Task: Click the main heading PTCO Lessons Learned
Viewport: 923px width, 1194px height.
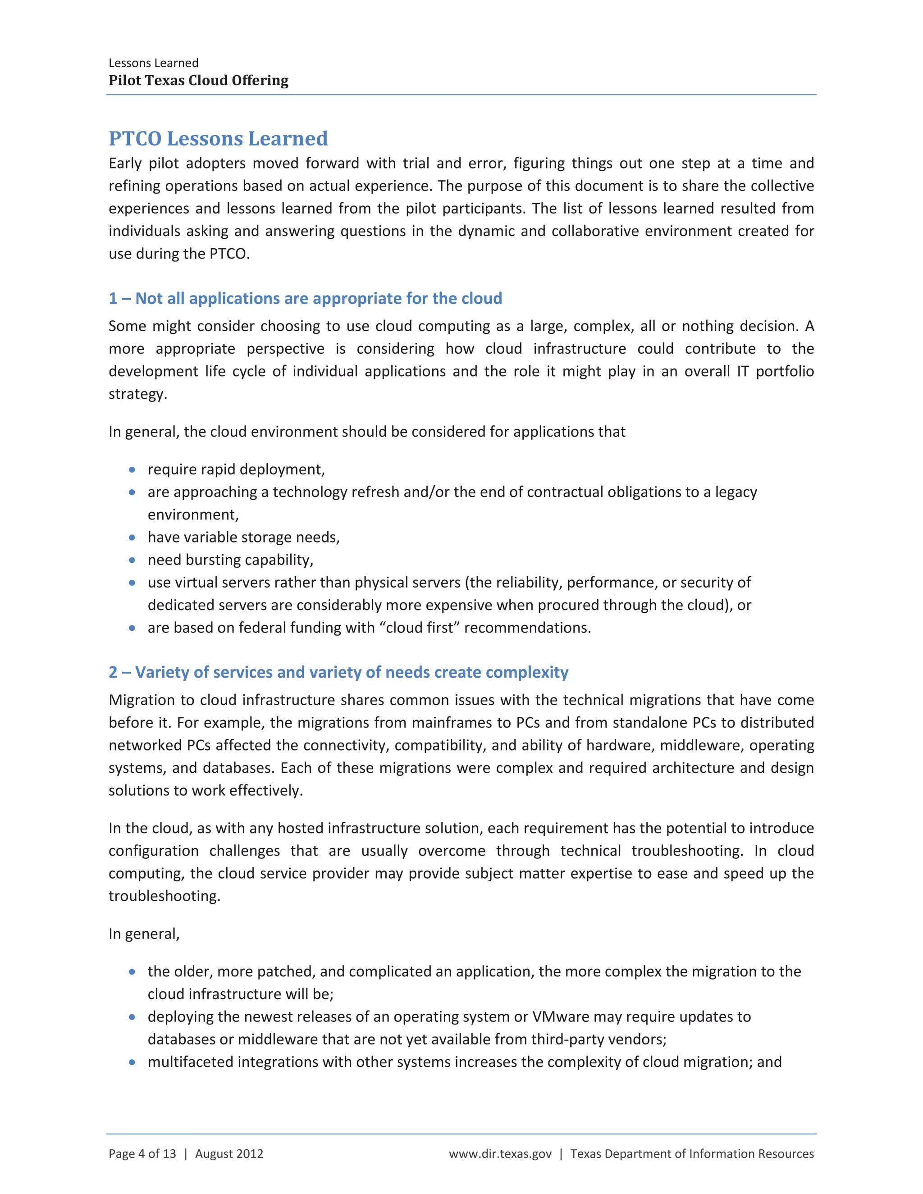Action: [x=218, y=138]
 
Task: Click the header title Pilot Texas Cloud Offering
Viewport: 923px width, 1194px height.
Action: [x=198, y=80]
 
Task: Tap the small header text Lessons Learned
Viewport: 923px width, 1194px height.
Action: [x=153, y=63]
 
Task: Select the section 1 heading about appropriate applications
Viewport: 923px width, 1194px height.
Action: [x=305, y=298]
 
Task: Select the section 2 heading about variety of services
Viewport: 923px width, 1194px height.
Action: [x=338, y=672]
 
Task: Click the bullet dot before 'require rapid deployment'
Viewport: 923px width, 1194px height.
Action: [x=132, y=469]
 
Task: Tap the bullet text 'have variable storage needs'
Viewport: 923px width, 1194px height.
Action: [x=243, y=538]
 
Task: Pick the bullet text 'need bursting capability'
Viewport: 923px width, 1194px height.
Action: [x=230, y=560]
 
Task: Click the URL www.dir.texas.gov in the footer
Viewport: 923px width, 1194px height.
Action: [x=500, y=1153]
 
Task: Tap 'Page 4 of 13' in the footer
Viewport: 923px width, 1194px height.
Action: [x=142, y=1153]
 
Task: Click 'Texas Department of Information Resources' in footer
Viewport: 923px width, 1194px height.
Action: [x=692, y=1153]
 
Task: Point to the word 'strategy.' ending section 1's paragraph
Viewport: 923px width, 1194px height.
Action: [x=138, y=394]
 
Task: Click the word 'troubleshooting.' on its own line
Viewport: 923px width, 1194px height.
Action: [x=164, y=896]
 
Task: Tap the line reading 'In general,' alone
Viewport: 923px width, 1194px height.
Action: [x=144, y=934]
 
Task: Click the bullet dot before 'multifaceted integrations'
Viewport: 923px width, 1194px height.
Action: [x=132, y=1062]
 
